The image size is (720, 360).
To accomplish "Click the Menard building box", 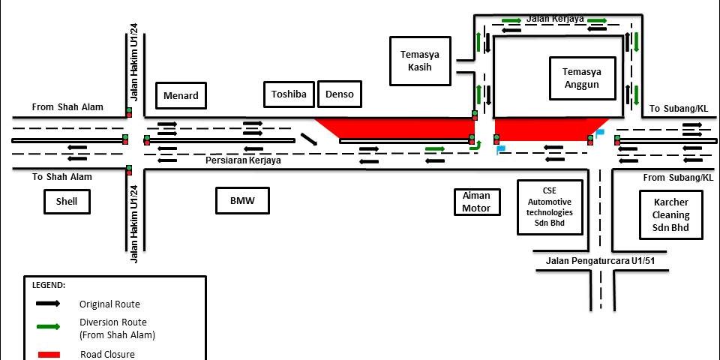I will pyautogui.click(x=180, y=95).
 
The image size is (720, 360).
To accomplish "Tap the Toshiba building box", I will pyautogui.click(x=289, y=94).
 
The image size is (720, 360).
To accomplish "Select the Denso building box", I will pyautogui.click(x=340, y=94).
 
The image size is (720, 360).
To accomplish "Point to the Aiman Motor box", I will pyautogui.click(x=476, y=202).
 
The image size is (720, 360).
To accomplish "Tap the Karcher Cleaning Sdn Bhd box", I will pyautogui.click(x=670, y=214).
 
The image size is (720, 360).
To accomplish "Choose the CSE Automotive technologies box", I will pyautogui.click(x=550, y=207).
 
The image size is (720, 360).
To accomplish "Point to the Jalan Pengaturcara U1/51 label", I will pyautogui.click(x=600, y=260).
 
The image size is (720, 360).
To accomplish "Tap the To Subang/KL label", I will pyautogui.click(x=678, y=109).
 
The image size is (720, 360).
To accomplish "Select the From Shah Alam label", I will pyautogui.click(x=67, y=107).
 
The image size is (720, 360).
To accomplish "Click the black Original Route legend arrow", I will pyautogui.click(x=50, y=304).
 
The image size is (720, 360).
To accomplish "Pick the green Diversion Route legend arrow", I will pyautogui.click(x=50, y=326).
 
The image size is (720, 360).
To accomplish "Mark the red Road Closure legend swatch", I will pyautogui.click(x=50, y=354).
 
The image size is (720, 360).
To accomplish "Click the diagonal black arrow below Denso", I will pyautogui.click(x=308, y=139).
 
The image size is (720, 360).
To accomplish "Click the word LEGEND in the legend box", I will pyautogui.click(x=49, y=285).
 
